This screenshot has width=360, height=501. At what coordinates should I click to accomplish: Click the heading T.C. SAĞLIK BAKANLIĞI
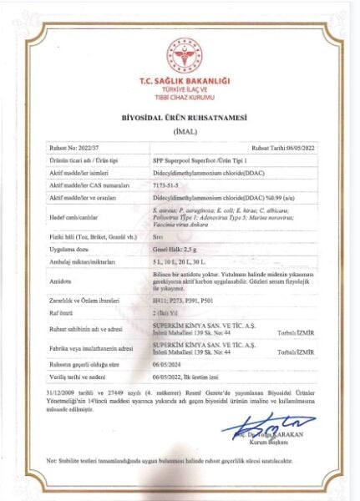click(x=180, y=82)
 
